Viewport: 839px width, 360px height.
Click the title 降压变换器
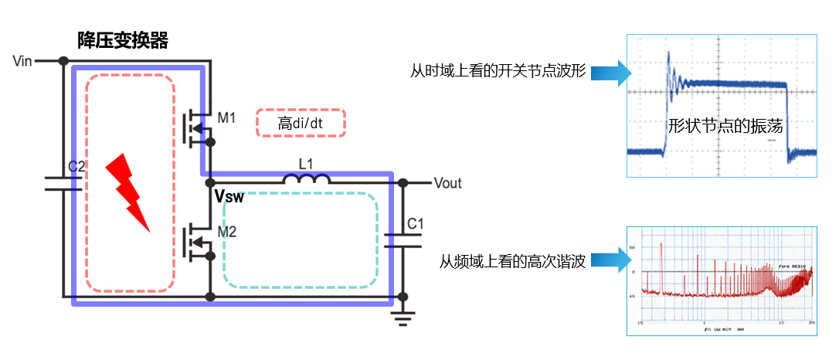click(122, 41)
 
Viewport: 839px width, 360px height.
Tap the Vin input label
click(23, 61)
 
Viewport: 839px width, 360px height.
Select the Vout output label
click(447, 183)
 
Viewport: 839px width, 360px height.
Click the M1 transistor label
click(226, 118)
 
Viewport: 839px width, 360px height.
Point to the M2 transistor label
click(226, 232)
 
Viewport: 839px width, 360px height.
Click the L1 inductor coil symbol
click(306, 179)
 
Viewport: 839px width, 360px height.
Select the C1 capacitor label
click(415, 224)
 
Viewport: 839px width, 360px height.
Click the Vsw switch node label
click(229, 198)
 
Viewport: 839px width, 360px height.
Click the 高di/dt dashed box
click(301, 123)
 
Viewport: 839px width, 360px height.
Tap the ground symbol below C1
click(402, 316)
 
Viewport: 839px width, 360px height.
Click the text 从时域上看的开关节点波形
click(498, 73)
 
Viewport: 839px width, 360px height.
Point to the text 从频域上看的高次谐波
click(512, 261)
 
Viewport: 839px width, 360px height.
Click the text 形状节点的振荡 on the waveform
click(725, 127)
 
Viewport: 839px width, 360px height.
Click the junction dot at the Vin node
click(63, 61)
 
